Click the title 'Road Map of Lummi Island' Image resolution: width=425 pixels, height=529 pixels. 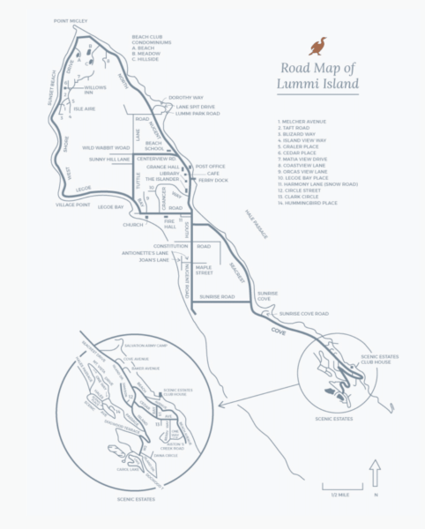pos(319,77)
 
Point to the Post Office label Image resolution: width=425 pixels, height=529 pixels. pos(211,166)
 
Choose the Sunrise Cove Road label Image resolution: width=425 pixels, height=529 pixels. pos(304,314)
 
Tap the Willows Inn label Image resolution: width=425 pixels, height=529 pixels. pos(95,90)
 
